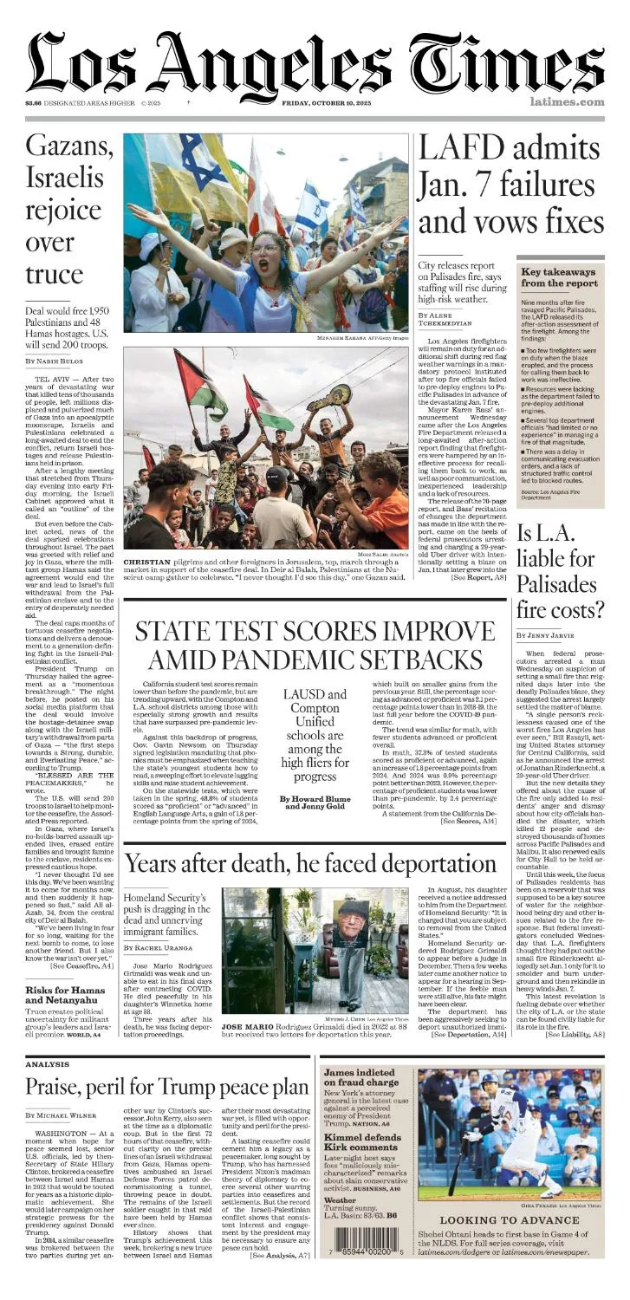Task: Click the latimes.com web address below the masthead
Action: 567,102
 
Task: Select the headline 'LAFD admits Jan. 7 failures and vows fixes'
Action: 510,185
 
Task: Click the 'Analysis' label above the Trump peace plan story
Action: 47,1064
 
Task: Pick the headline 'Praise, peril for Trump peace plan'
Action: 166,1087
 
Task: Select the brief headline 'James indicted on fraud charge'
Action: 360,1078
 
